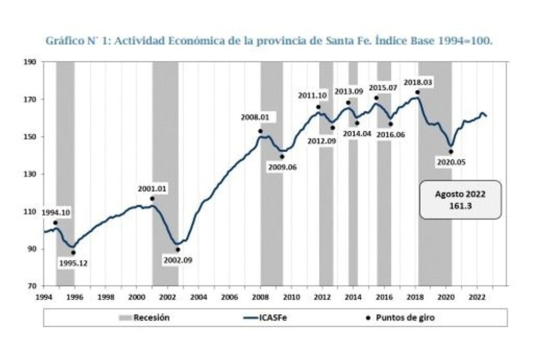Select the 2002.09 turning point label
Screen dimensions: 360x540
pos(178,260)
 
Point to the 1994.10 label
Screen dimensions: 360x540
pos(56,213)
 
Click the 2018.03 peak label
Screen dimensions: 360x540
pos(418,83)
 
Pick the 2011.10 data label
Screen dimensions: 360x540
pos(313,95)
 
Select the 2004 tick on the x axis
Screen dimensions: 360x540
pos(198,297)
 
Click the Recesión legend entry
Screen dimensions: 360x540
pos(144,318)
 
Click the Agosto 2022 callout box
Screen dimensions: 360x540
pos(460,200)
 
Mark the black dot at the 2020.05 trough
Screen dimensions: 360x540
pos(451,151)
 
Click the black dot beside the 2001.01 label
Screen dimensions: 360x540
pos(152,199)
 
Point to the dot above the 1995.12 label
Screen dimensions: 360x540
pos(73,253)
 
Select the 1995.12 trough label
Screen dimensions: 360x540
pos(73,263)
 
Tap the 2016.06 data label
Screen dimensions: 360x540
pos(391,134)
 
